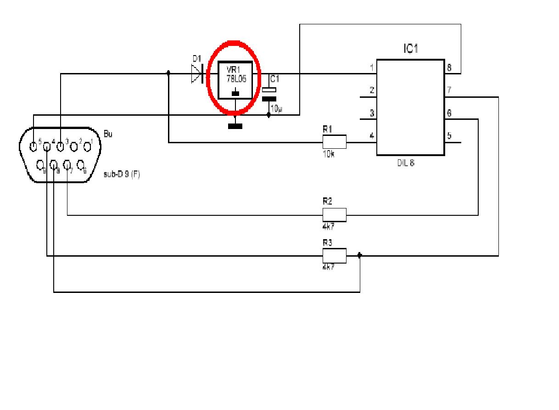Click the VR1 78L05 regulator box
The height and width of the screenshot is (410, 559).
click(235, 80)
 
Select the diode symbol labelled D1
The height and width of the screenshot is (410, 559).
click(198, 73)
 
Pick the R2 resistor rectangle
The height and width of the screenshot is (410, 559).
click(334, 214)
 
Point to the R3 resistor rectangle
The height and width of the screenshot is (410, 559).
click(334, 256)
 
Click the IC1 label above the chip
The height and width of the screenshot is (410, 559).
click(411, 49)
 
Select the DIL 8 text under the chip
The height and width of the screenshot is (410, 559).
click(406, 163)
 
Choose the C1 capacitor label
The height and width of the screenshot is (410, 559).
click(274, 79)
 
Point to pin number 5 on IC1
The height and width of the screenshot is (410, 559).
click(449, 136)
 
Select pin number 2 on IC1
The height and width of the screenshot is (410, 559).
click(372, 91)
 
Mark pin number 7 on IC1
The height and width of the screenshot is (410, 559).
click(449, 91)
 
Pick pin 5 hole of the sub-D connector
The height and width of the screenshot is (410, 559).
click(33, 147)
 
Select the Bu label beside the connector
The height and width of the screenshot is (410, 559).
click(108, 135)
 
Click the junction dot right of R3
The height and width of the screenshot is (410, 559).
click(359, 256)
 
